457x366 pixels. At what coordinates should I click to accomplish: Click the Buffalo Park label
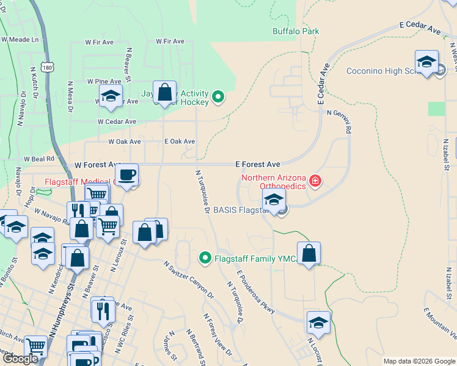(296, 31)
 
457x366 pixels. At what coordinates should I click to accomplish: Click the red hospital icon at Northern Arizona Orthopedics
(315, 181)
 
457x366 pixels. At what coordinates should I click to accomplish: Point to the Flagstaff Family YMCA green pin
(206, 259)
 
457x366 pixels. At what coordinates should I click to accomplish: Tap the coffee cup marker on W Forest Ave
(127, 175)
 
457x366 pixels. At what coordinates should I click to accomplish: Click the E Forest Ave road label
(258, 165)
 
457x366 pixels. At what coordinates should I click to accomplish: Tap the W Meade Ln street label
(20, 39)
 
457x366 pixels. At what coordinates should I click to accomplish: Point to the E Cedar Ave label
(420, 27)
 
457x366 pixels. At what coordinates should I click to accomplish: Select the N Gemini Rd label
(340, 121)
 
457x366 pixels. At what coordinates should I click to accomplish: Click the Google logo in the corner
(20, 359)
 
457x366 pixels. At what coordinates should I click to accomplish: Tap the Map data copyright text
(419, 361)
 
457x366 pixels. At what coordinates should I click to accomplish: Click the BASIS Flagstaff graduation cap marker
(274, 199)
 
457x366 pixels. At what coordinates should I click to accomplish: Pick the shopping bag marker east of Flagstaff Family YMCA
(309, 253)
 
